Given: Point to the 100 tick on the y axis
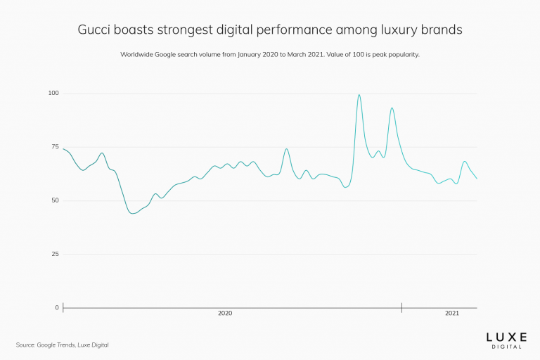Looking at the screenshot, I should pyautogui.click(x=53, y=94).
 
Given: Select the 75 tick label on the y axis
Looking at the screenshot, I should pyautogui.click(x=55, y=147).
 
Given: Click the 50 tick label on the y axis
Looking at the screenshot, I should pyautogui.click(x=55, y=200).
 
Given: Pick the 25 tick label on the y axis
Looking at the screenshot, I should pyautogui.click(x=55, y=254).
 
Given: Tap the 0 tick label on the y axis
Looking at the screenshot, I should pyautogui.click(x=57, y=307).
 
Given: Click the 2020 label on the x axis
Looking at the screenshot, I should pyautogui.click(x=225, y=314).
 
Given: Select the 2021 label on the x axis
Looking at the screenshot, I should pyautogui.click(x=452, y=314).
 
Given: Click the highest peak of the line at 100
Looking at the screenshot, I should pyautogui.click(x=359, y=95).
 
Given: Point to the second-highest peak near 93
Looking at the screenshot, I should pyautogui.click(x=392, y=108).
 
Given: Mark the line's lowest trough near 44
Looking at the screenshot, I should pyautogui.click(x=133, y=213).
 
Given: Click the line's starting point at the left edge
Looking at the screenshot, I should pyautogui.click(x=63, y=148).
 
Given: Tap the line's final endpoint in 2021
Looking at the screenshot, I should pyautogui.click(x=477, y=179).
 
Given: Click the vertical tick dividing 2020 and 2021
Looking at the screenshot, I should pyautogui.click(x=401, y=307).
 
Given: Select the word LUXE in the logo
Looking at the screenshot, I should pyautogui.click(x=506, y=337).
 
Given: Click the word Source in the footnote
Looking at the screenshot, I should pyautogui.click(x=25, y=345).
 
